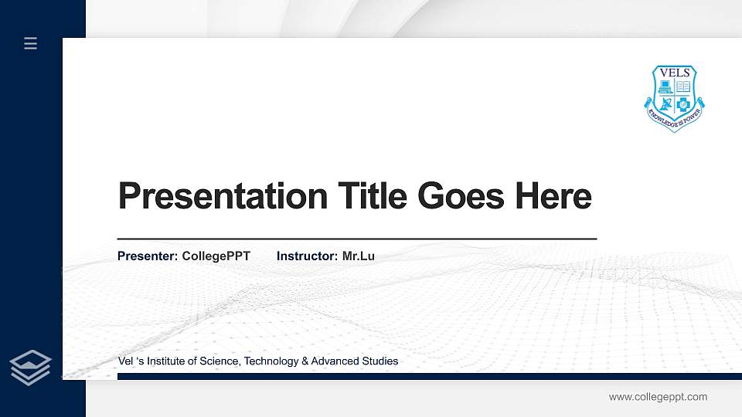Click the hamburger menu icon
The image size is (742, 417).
coord(30,44)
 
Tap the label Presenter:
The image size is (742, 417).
coord(148,256)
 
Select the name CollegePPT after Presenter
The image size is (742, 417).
coord(216,256)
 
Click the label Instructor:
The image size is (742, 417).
coord(307,256)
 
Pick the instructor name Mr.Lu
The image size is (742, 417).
coord(358,256)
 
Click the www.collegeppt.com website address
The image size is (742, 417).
coord(658,397)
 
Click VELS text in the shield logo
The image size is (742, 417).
coord(675,73)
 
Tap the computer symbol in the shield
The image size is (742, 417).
coord(665,86)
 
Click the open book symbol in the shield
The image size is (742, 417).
coord(683,86)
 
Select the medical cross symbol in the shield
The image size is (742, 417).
coord(683,104)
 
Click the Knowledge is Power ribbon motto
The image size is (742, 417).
coord(675,117)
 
